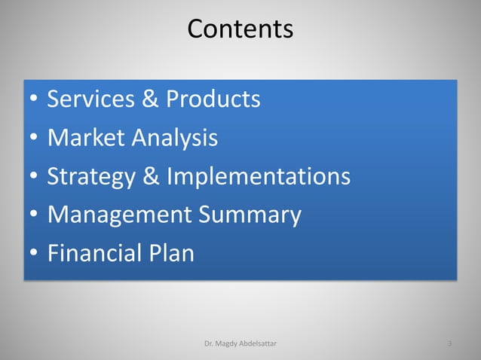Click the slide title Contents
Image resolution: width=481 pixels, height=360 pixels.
click(240, 29)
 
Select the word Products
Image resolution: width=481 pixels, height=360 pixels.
click(213, 99)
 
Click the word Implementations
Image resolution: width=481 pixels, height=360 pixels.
click(259, 176)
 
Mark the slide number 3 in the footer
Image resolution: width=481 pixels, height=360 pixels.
click(449, 344)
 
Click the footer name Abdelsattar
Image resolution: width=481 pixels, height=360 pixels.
click(261, 344)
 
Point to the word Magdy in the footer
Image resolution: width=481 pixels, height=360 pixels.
click(227, 344)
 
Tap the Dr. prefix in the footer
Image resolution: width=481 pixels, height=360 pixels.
click(209, 344)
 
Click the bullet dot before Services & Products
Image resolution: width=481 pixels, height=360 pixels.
click(33, 100)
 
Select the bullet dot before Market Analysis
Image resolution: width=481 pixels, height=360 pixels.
click(33, 139)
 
